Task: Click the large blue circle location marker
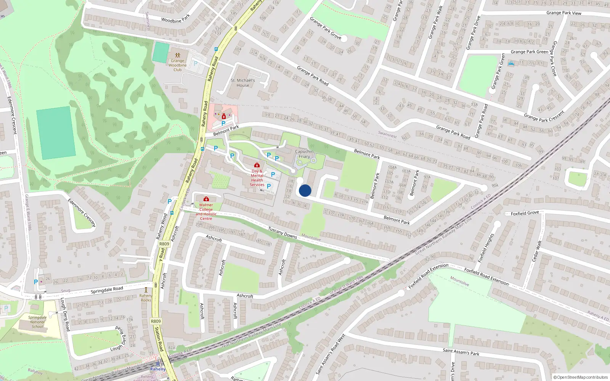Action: click(x=305, y=190)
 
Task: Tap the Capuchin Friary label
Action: click(x=304, y=154)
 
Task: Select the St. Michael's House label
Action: click(x=243, y=83)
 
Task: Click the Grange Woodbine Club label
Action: click(x=177, y=65)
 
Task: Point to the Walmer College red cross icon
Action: click(x=206, y=199)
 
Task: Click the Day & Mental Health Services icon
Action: click(x=257, y=165)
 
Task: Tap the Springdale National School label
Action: click(x=37, y=322)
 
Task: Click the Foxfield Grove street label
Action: click(x=525, y=213)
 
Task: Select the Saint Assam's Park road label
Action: click(x=461, y=352)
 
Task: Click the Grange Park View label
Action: click(x=563, y=13)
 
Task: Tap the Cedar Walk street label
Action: click(x=536, y=251)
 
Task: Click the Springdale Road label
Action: click(x=107, y=290)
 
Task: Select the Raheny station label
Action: click(x=158, y=369)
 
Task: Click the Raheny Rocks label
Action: click(x=146, y=298)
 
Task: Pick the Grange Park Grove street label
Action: click(x=325, y=27)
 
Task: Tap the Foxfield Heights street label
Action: click(x=486, y=248)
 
